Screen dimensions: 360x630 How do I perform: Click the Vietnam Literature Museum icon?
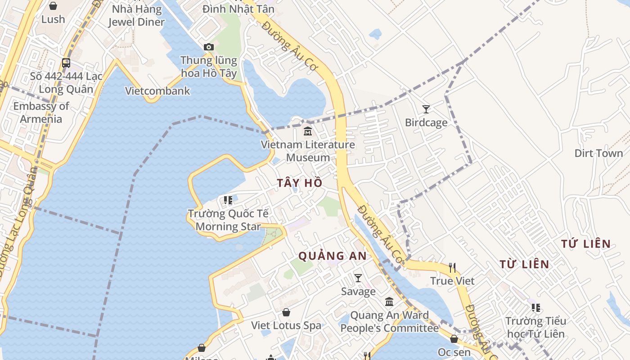pyautogui.click(x=308, y=131)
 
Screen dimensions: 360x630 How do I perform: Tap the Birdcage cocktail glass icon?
pyautogui.click(x=426, y=109)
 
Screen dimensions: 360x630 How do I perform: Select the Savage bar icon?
pyautogui.click(x=358, y=278)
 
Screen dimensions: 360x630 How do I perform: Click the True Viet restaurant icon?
pyautogui.click(x=452, y=268)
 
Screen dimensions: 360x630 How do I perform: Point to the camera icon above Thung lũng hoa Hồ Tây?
pyautogui.click(x=208, y=47)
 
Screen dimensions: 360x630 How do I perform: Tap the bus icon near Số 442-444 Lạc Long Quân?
pyautogui.click(x=66, y=63)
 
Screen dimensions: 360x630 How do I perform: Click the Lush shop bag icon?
pyautogui.click(x=53, y=6)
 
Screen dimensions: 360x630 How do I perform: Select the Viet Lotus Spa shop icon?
pyautogui.click(x=286, y=312)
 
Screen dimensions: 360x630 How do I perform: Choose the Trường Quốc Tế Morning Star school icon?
pyautogui.click(x=228, y=200)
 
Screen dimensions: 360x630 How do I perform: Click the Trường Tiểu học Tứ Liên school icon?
pyautogui.click(x=535, y=308)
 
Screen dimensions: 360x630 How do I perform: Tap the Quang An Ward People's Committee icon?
pyautogui.click(x=389, y=301)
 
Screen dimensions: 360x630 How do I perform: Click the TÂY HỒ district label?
pyautogui.click(x=300, y=183)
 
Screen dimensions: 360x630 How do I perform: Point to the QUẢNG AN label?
pyautogui.click(x=333, y=256)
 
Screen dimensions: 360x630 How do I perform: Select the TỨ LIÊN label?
pyautogui.click(x=586, y=244)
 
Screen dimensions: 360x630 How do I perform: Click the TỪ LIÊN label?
pyautogui.click(x=524, y=264)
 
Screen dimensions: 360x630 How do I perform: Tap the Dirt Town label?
pyautogui.click(x=598, y=153)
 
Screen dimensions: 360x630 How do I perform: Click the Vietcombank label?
pyautogui.click(x=157, y=91)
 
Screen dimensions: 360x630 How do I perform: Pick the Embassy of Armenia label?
pyautogui.click(x=41, y=112)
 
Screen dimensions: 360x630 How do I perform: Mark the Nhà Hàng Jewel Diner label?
pyautogui.click(x=136, y=15)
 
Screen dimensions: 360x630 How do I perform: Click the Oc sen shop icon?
pyautogui.click(x=454, y=339)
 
